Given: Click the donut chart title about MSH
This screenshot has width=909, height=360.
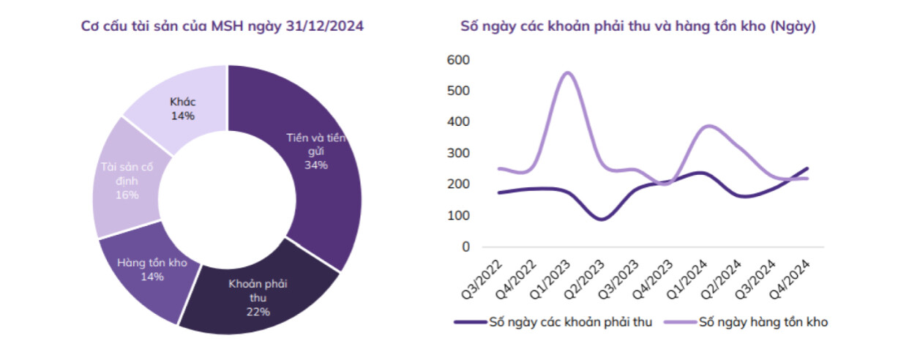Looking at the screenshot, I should point(222,27).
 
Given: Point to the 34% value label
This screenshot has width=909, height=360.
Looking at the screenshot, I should point(316,165).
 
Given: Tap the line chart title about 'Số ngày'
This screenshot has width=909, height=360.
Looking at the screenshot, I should point(637,27).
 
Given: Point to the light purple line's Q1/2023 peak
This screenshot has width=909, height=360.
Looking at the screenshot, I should point(568,72).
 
